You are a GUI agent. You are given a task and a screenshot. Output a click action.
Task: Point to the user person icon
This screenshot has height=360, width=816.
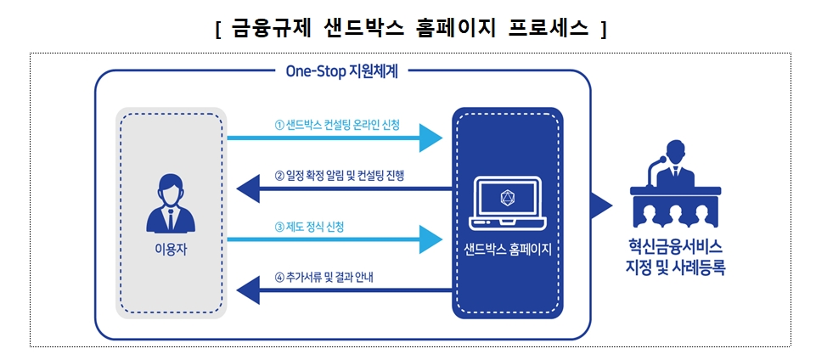(170, 204)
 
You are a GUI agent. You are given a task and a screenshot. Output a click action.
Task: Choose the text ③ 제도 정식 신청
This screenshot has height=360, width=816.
(309, 227)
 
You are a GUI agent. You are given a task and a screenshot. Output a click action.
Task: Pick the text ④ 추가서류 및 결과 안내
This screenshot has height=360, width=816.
(324, 277)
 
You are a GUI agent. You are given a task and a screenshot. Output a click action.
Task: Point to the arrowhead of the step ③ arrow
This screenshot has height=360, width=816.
(431, 239)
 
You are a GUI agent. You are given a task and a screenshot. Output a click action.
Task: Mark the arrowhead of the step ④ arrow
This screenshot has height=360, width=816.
(247, 290)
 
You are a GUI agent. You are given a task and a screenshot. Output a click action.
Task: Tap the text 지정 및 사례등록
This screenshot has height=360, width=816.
(677, 268)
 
